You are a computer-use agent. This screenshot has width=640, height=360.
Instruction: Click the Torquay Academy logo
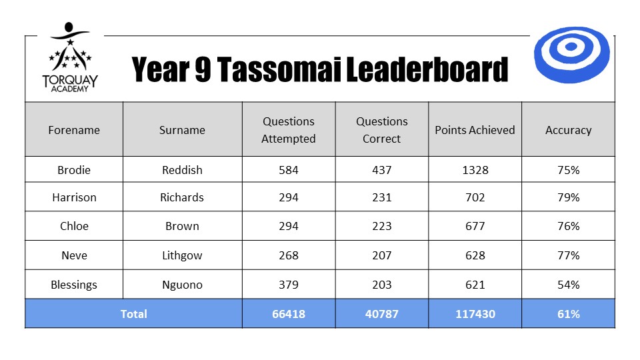click(x=70, y=57)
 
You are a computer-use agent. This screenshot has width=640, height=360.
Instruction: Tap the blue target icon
click(x=571, y=55)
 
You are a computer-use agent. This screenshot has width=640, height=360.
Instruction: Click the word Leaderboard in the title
click(x=427, y=69)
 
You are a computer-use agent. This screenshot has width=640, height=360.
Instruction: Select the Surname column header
click(x=182, y=130)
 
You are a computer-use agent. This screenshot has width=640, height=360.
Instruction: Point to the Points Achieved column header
click(x=475, y=130)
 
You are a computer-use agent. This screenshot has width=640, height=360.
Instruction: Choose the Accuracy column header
click(x=568, y=130)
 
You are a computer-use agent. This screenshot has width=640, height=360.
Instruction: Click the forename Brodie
click(x=74, y=170)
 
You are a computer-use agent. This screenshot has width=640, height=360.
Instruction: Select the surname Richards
click(x=181, y=197)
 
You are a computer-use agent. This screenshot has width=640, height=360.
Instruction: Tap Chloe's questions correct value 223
click(x=381, y=226)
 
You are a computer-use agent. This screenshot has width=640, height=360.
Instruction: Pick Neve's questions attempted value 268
click(x=289, y=255)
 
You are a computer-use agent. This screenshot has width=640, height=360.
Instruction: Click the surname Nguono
click(x=182, y=285)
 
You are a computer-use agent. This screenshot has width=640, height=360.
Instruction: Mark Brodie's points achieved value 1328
click(x=475, y=170)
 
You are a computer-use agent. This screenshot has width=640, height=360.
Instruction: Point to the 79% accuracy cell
click(x=568, y=197)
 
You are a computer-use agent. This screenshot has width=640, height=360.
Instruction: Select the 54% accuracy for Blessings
click(x=568, y=285)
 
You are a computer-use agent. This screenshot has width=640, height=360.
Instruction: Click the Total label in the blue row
click(x=133, y=314)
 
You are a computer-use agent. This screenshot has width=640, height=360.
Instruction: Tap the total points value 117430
click(x=475, y=314)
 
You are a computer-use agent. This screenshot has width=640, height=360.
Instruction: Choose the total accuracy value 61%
click(x=568, y=314)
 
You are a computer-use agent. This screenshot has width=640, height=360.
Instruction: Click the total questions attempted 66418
click(x=289, y=314)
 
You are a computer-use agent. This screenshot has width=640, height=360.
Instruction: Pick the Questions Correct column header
click(x=381, y=130)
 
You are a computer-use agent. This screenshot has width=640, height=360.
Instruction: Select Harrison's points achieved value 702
click(x=475, y=197)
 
